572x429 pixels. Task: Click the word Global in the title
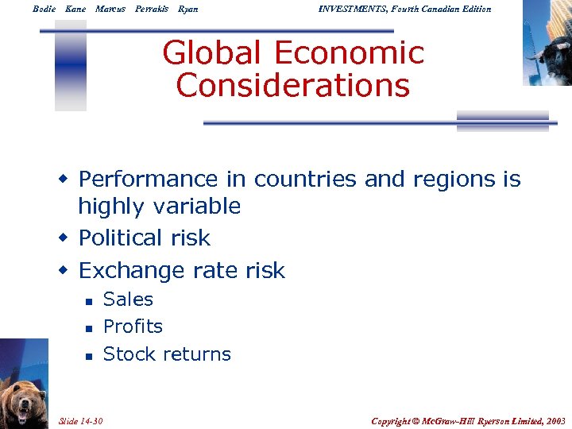click(x=211, y=54)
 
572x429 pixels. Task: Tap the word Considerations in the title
click(x=293, y=85)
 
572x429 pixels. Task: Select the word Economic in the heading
click(x=349, y=54)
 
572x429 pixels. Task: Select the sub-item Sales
click(x=128, y=300)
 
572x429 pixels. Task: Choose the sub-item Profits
click(x=133, y=327)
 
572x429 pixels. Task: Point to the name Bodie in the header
click(x=44, y=9)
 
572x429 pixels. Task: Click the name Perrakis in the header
click(x=152, y=9)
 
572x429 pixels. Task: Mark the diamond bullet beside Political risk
click(x=64, y=238)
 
